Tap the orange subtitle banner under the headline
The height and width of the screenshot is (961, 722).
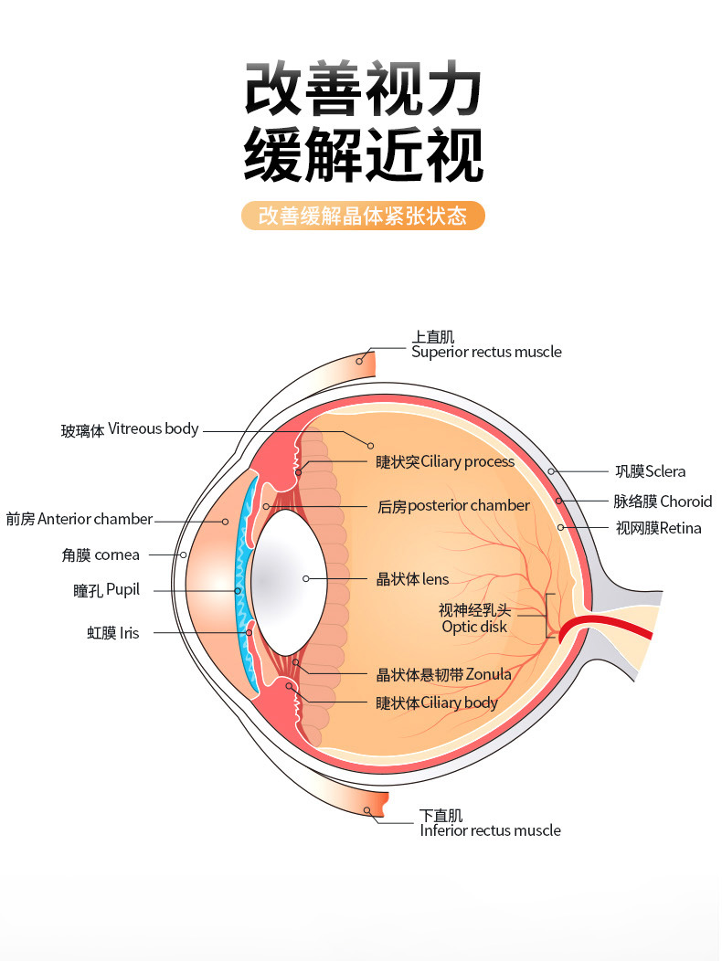[363, 216]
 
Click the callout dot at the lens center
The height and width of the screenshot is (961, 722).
[305, 578]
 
